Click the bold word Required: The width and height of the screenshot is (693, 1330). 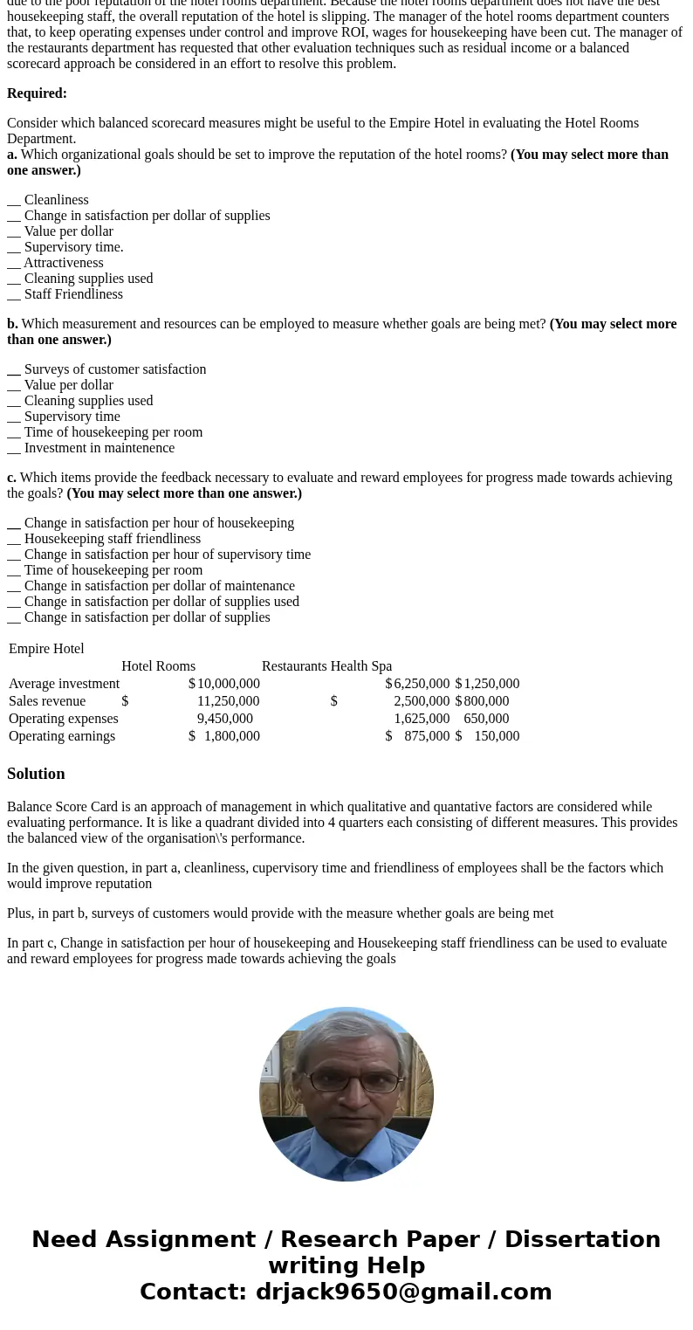(x=37, y=93)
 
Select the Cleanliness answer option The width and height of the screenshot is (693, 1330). (x=56, y=200)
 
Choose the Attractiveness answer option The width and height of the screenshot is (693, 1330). (x=63, y=263)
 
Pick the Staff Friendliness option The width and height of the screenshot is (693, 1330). (x=73, y=294)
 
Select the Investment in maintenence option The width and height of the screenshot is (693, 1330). (x=99, y=448)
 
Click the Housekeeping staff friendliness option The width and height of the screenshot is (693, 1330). (x=112, y=539)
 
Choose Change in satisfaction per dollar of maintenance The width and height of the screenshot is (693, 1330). (x=159, y=586)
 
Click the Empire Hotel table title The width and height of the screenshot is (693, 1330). (x=46, y=649)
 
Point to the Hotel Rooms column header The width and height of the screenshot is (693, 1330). (x=158, y=666)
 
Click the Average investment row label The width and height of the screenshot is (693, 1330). (x=64, y=684)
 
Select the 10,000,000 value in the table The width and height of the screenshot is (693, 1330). (x=228, y=684)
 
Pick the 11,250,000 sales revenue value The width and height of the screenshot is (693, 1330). (x=228, y=701)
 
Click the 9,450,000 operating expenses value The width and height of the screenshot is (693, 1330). (x=224, y=719)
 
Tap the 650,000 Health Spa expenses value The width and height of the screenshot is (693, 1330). (x=486, y=719)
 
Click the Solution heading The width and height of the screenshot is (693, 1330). (x=36, y=774)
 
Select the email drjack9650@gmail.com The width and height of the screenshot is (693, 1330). (x=403, y=1292)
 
